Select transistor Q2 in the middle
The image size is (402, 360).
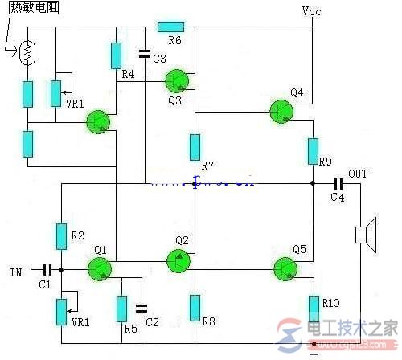coord(178,260)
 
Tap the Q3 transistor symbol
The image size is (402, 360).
coord(176,80)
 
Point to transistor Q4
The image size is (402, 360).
coord(281,112)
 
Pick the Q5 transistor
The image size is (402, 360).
coord(285,269)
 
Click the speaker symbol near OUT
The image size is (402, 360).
coord(363,235)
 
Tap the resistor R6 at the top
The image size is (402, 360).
coord(171,27)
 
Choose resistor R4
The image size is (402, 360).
coord(117,55)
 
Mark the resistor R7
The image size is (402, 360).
coord(195,147)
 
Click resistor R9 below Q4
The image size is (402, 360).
coord(313,150)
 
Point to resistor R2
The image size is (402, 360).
coord(60,236)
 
